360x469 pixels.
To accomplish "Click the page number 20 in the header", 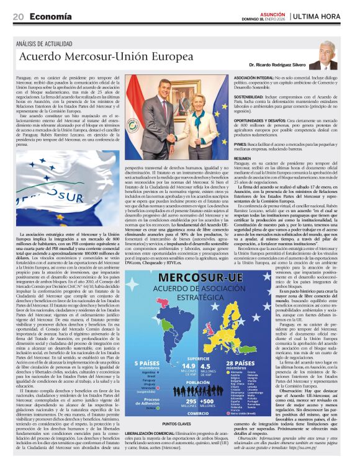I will (18, 17).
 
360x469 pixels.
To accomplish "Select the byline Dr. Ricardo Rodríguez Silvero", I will (277, 65).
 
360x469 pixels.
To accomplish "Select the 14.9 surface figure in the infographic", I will (189, 365).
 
